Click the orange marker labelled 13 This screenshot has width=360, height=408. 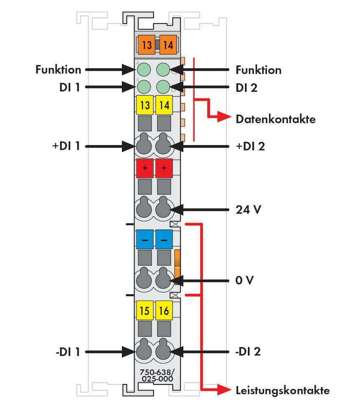pyautogui.click(x=146, y=44)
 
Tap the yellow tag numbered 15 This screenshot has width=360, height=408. pyautogui.click(x=145, y=311)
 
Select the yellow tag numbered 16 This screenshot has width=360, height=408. pyautogui.click(x=164, y=311)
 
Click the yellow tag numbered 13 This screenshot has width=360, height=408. pyautogui.click(x=145, y=105)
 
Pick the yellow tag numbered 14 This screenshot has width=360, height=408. pyautogui.click(x=164, y=105)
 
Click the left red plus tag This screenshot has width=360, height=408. pyautogui.click(x=145, y=168)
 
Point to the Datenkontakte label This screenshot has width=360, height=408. pyautogui.click(x=275, y=119)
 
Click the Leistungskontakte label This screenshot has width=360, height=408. pyautogui.click(x=282, y=390)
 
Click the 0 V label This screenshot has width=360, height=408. pyautogui.click(x=245, y=280)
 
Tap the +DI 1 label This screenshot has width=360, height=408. pyautogui.click(x=65, y=146)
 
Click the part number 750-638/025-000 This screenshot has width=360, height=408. pyautogui.click(x=156, y=375)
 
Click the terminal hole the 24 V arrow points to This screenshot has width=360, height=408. pyautogui.click(x=164, y=209)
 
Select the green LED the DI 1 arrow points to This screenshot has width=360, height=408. pyautogui.click(x=145, y=87)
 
